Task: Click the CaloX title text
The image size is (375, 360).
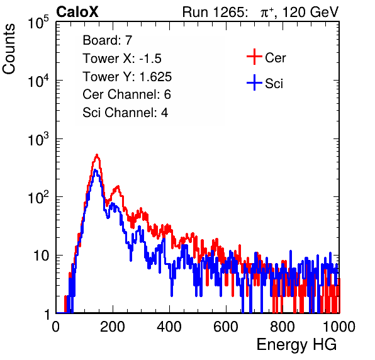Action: point(77,12)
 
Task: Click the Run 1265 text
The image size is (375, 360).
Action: point(214,12)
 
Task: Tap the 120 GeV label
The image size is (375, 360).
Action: point(311,12)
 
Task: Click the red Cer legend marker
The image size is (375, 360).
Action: point(254,57)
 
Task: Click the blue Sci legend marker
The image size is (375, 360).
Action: point(254,82)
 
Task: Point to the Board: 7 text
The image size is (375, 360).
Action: point(107,40)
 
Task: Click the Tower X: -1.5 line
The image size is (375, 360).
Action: point(122,59)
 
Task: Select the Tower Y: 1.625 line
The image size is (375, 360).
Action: point(127,77)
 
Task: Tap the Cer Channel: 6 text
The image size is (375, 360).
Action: point(126,94)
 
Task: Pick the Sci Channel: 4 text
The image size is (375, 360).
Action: point(125,113)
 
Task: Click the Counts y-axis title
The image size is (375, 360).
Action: point(9,49)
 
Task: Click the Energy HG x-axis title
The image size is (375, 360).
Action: point(296,345)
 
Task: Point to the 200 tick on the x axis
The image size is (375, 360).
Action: point(113,327)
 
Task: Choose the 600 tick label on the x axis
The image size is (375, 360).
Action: point(226,327)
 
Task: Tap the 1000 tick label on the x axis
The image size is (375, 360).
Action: point(339,327)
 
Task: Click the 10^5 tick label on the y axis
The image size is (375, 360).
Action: point(38,23)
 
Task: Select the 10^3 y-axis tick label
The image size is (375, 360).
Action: point(38,139)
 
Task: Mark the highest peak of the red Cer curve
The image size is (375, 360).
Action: point(97,155)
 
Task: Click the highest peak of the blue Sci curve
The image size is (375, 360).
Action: point(96,170)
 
